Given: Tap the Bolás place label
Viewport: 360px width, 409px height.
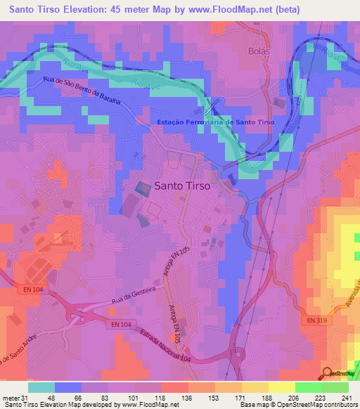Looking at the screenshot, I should coord(259,52).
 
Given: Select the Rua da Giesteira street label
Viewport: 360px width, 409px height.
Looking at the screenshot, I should coord(136,297).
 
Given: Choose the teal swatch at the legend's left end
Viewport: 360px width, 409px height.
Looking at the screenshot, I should coord(41,387).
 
